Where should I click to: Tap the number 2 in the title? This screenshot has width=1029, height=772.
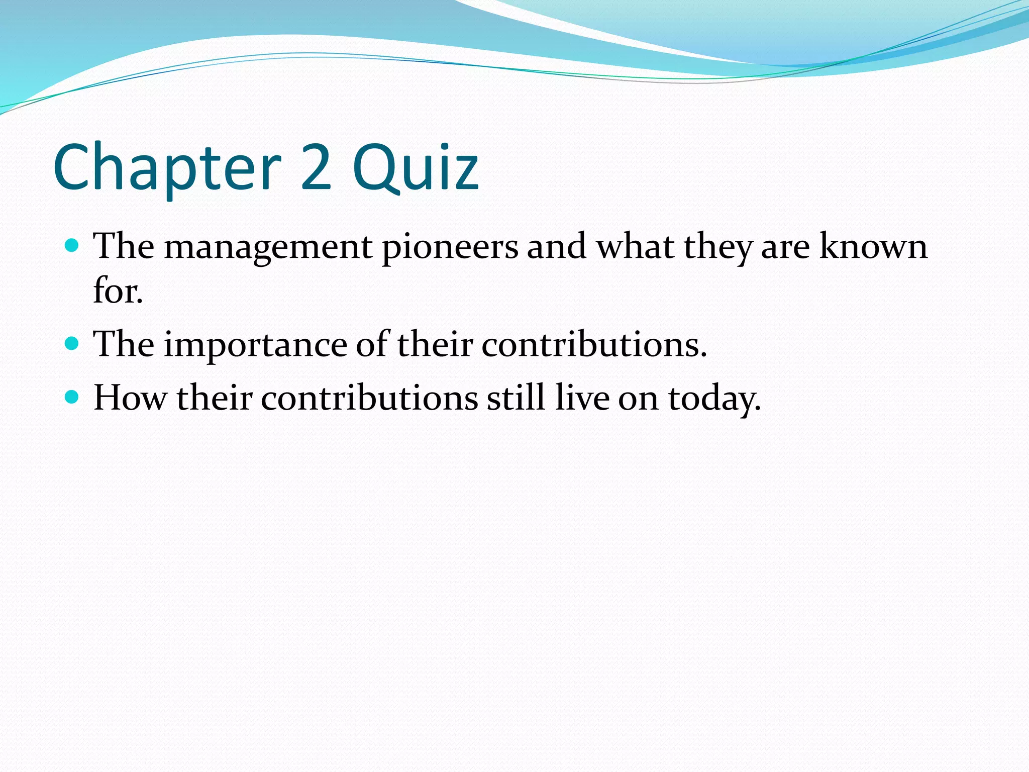click(317, 167)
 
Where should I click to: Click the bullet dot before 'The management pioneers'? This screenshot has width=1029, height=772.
click(72, 246)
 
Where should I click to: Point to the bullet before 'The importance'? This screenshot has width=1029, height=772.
click(72, 344)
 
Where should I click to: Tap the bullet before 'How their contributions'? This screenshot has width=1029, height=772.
click(72, 397)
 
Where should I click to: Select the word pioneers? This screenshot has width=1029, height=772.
click(450, 247)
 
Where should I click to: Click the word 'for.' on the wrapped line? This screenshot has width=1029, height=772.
click(118, 291)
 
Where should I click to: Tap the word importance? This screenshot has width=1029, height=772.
click(255, 345)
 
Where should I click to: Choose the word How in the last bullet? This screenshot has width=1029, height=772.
click(130, 398)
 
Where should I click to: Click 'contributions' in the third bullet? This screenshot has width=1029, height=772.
click(369, 398)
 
